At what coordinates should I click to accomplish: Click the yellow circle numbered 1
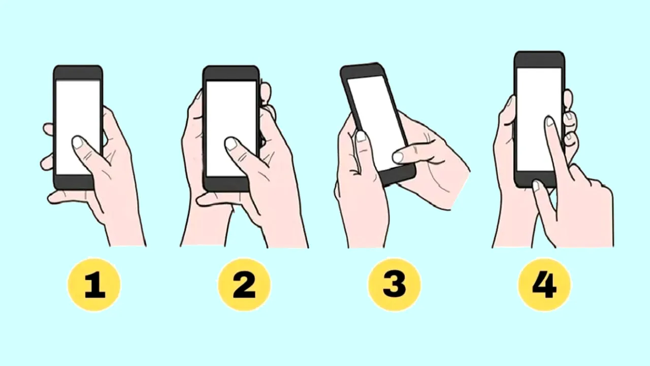pyautogui.click(x=94, y=284)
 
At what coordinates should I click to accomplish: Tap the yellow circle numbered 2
pyautogui.click(x=244, y=284)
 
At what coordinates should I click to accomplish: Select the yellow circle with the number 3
pyautogui.click(x=394, y=284)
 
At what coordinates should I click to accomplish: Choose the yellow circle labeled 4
pyautogui.click(x=544, y=284)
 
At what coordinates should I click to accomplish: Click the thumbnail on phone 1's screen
pyautogui.click(x=77, y=142)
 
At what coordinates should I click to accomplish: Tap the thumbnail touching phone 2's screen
pyautogui.click(x=231, y=144)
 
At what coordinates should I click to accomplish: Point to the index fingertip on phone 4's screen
pyautogui.click(x=549, y=122)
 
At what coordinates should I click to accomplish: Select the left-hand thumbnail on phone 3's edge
pyautogui.click(x=361, y=137)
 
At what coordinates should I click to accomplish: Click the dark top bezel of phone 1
pyautogui.click(x=78, y=72)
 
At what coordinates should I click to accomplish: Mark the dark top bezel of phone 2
pyautogui.click(x=231, y=73)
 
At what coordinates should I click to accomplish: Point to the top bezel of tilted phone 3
pyautogui.click(x=362, y=70)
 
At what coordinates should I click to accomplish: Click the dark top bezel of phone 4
pyautogui.click(x=539, y=59)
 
